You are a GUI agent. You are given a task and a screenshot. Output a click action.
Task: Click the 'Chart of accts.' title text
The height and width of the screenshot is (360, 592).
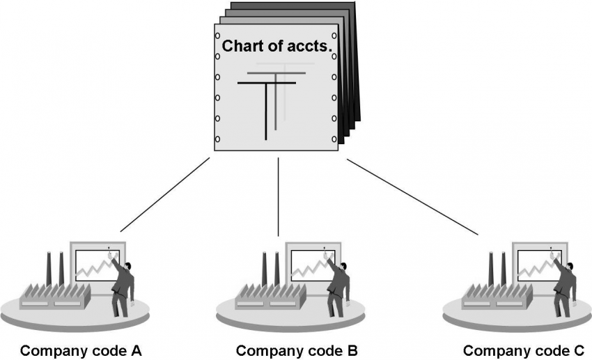pyautogui.click(x=276, y=47)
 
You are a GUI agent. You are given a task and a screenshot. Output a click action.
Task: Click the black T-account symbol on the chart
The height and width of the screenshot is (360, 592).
pyautogui.click(x=266, y=104)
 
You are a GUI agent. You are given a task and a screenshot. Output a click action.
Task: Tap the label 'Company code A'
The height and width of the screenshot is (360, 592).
pyautogui.click(x=81, y=350)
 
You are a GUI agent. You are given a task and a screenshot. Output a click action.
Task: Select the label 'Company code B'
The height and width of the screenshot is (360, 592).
pyautogui.click(x=297, y=350)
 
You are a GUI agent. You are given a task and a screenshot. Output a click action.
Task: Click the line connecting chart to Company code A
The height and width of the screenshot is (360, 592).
pyautogui.click(x=165, y=195)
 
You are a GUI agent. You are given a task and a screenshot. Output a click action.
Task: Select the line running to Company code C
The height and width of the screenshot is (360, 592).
pyautogui.click(x=412, y=197)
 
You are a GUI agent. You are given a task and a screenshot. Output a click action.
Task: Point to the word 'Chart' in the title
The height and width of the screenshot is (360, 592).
pyautogui.click(x=239, y=47)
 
